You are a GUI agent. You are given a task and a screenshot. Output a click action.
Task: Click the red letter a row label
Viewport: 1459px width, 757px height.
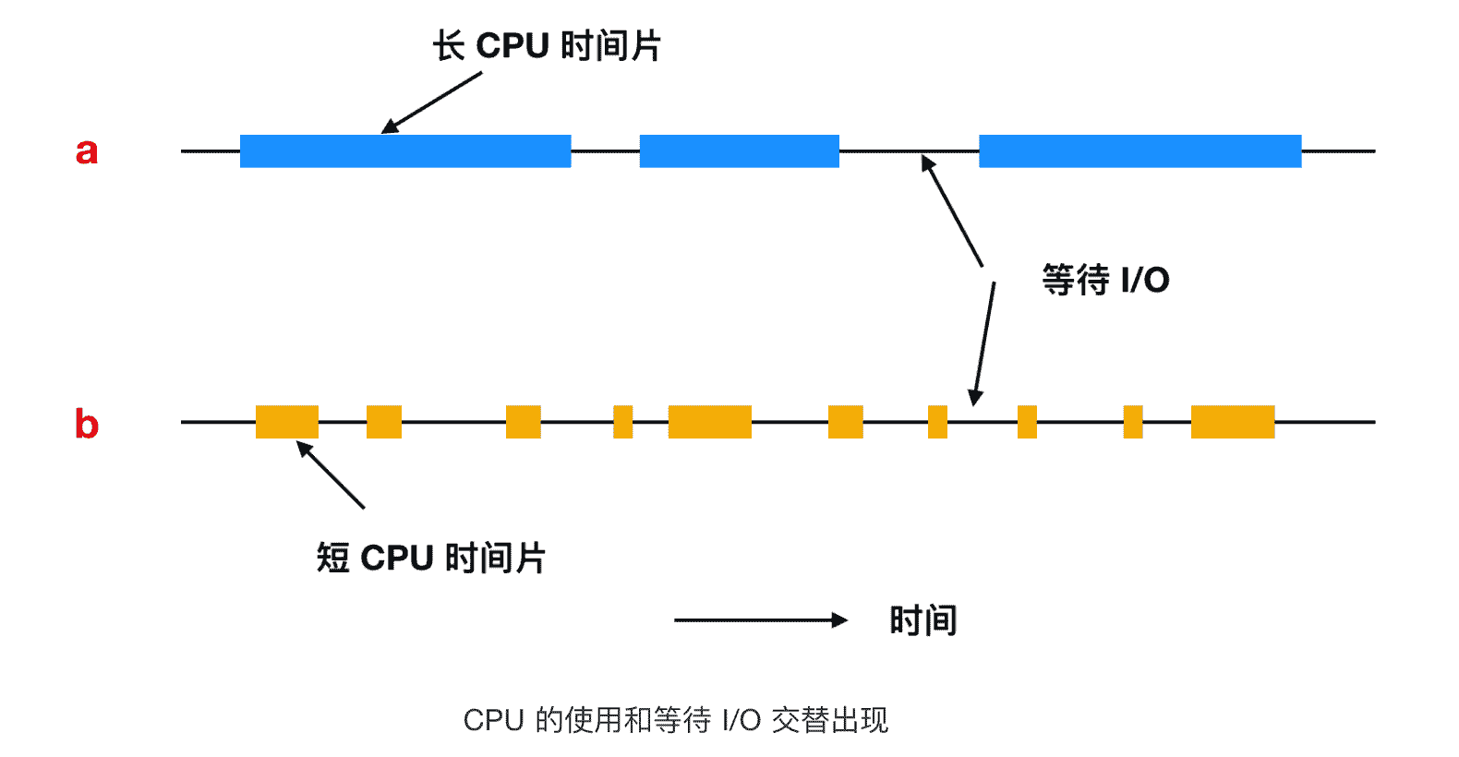point(87,150)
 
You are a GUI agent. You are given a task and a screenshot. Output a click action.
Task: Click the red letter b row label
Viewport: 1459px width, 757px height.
point(87,424)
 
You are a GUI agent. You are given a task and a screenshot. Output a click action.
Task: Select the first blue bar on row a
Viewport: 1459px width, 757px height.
point(405,151)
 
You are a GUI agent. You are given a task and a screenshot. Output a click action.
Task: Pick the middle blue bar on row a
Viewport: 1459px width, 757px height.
point(739,151)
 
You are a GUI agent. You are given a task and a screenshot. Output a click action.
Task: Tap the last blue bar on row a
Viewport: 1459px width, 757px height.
point(1139,151)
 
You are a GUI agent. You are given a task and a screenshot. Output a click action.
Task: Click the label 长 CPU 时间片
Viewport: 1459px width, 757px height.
point(547,46)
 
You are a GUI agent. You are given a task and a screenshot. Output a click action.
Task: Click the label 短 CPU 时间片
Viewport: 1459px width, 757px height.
point(431,559)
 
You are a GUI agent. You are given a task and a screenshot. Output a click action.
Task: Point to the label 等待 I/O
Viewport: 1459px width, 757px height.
point(1105,280)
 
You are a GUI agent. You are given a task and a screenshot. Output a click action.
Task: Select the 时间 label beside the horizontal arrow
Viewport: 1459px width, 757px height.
point(922,620)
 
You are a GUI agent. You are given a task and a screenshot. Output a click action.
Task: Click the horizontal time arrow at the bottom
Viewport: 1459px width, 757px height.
point(760,620)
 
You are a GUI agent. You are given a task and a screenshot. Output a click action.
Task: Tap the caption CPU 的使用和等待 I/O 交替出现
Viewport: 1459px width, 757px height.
point(675,720)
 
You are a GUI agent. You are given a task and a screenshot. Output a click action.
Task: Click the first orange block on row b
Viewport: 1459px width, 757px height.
point(287,422)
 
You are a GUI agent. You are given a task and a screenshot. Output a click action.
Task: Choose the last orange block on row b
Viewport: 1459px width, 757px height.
point(1232,422)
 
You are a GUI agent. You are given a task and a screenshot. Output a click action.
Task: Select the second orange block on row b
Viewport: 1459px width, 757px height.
point(384,422)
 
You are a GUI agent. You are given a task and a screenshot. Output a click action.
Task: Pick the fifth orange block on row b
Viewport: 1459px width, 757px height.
point(709,422)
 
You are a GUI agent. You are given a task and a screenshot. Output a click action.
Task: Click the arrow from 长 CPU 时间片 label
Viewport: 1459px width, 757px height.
point(432,102)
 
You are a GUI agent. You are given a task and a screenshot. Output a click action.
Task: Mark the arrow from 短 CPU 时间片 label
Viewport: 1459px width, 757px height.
point(331,475)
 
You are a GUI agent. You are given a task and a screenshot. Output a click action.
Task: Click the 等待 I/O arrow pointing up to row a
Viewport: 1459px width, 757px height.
point(952,211)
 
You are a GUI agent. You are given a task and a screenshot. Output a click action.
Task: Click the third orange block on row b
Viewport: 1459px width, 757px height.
point(524,422)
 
